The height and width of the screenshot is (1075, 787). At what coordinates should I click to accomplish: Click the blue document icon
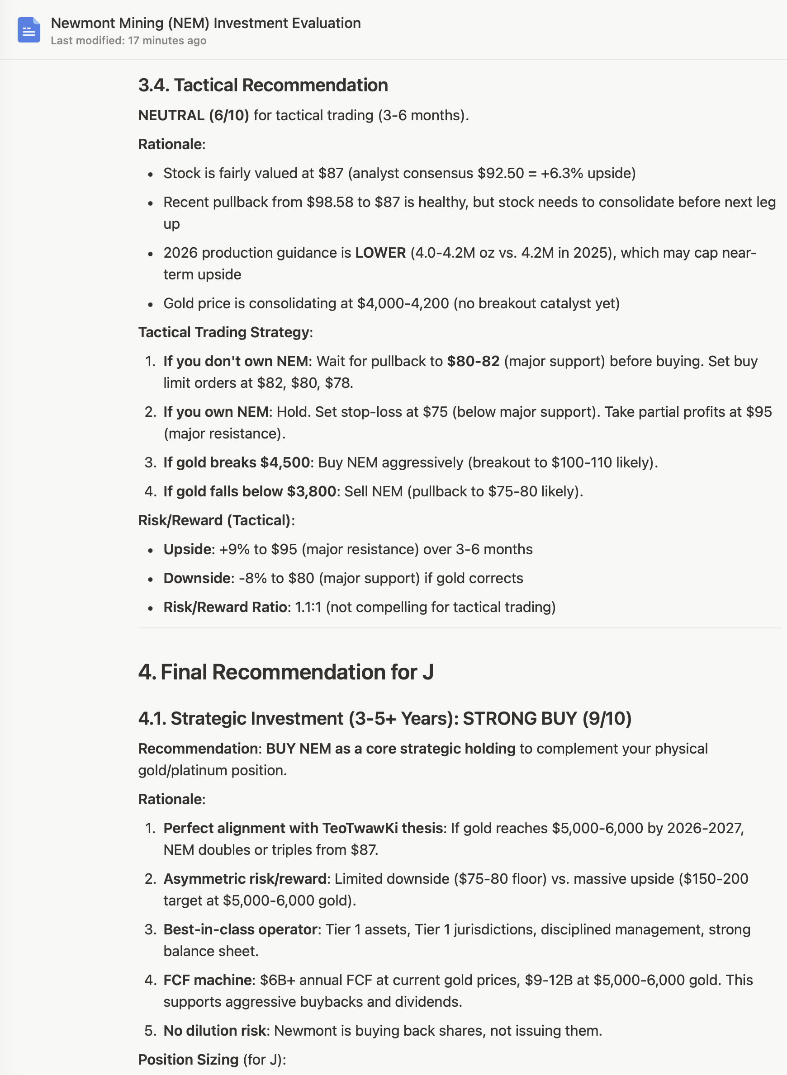(x=28, y=30)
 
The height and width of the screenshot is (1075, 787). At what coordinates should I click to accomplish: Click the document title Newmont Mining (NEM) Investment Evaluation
(x=205, y=23)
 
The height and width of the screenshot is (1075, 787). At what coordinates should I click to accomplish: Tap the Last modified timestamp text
(x=128, y=41)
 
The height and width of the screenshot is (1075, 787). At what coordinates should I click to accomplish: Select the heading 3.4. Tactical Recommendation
(x=263, y=85)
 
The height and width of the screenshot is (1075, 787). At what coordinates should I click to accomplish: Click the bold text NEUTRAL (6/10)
(x=194, y=115)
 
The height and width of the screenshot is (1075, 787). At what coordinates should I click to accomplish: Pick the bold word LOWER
(x=380, y=253)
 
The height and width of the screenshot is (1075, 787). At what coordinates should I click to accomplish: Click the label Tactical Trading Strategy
(x=224, y=332)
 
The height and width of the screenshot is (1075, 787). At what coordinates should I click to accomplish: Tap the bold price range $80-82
(x=473, y=361)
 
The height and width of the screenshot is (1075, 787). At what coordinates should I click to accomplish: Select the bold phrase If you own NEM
(x=216, y=412)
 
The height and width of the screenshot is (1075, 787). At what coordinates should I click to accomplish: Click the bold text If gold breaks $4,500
(x=236, y=463)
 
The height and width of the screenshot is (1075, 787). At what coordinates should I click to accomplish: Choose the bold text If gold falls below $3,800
(x=250, y=491)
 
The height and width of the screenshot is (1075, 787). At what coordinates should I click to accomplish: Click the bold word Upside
(x=187, y=549)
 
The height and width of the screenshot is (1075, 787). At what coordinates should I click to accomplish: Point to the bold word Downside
(x=197, y=579)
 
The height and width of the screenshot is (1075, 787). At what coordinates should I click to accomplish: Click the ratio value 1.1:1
(x=308, y=608)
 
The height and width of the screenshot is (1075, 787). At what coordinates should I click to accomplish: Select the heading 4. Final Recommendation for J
(x=286, y=672)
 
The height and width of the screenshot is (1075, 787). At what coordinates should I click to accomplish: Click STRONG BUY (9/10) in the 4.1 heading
(x=547, y=718)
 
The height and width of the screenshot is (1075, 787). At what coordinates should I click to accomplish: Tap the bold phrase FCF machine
(x=208, y=980)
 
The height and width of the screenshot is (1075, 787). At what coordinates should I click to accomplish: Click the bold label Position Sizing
(x=188, y=1060)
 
